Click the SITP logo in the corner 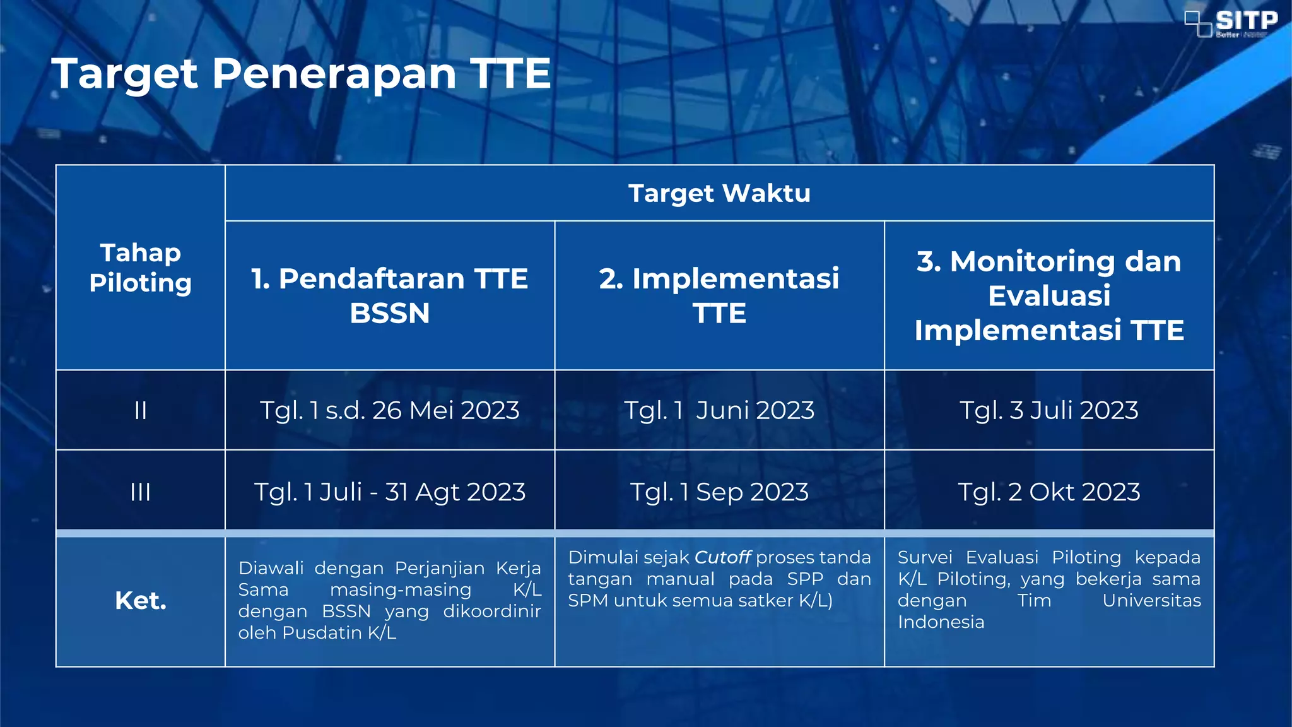pos(1231,23)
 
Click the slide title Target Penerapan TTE pos(302,74)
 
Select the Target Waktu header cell pos(719,193)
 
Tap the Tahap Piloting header pos(140,268)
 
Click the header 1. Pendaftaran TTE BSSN pos(389,295)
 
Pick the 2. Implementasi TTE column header pos(719,295)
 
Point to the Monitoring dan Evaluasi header pos(1048,295)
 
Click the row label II pos(140,411)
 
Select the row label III pos(140,492)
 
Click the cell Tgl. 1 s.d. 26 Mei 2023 pos(389,411)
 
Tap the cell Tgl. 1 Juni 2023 pos(719,411)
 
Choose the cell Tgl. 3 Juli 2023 pos(1048,411)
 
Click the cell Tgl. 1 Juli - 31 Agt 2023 pos(389,492)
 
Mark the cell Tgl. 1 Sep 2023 pos(719,492)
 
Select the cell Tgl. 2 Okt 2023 pos(1048,492)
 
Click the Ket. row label pos(140,601)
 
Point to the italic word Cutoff pos(722,557)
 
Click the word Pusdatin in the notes pos(322,633)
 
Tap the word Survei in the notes pos(925,557)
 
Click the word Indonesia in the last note pos(941,622)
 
